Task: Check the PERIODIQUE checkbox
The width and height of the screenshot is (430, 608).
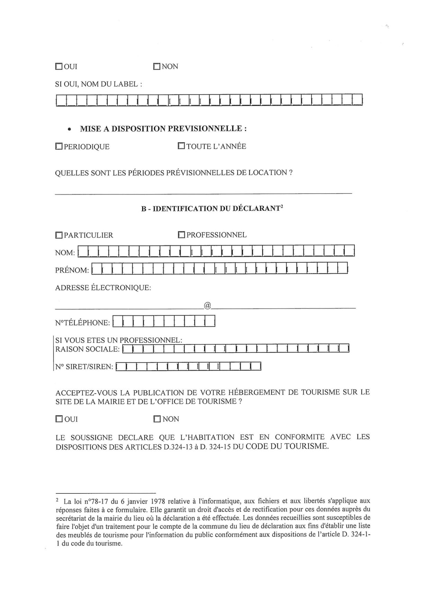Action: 59,147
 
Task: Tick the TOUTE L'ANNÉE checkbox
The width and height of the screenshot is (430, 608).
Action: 181,146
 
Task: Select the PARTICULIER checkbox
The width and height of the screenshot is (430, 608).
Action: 59,235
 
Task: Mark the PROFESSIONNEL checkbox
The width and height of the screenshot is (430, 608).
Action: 181,235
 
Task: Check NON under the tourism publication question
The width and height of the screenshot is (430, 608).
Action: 157,419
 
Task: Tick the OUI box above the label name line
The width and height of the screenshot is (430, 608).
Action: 59,66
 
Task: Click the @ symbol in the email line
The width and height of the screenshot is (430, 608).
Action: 207,305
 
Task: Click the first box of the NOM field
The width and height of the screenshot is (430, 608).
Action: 83,251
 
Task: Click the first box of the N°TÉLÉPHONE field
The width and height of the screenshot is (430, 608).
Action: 118,321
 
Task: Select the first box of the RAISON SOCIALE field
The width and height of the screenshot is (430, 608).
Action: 128,348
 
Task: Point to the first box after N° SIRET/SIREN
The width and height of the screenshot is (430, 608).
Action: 121,366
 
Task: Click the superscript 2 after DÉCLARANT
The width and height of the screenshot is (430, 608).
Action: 282,207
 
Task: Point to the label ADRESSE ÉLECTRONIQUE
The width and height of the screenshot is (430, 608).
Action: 103,288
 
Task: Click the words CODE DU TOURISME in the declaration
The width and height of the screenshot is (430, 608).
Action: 286,446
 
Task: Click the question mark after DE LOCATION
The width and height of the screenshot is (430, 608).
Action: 290,172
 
